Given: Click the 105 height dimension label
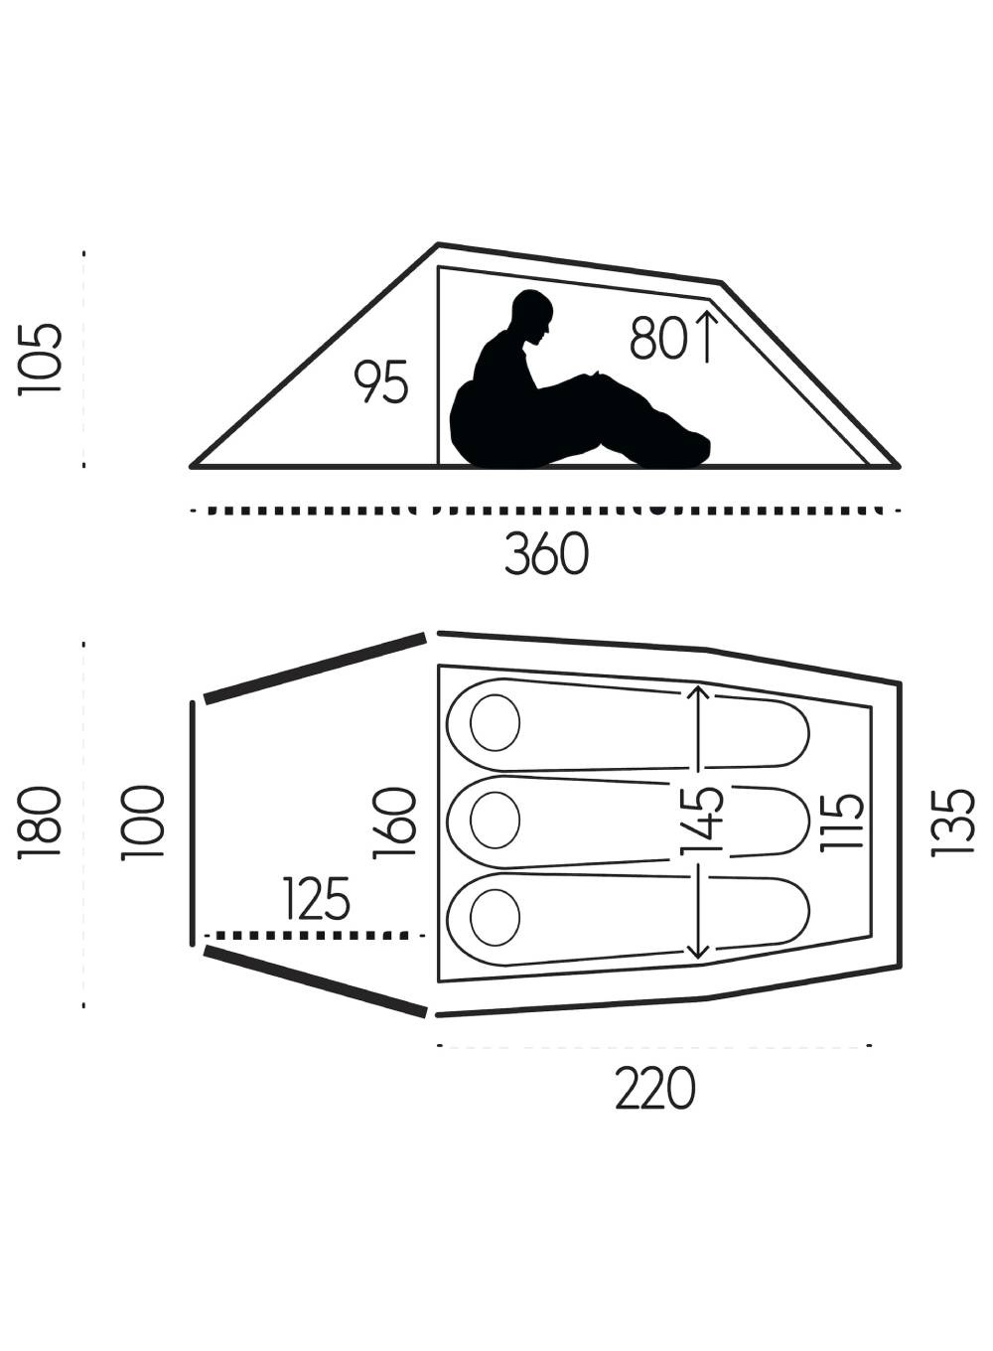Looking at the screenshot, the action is pos(40,360).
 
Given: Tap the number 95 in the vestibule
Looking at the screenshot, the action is pos(380,381).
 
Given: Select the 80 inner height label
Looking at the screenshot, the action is pos(658,339).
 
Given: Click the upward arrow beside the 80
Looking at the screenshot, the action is pos(707,337).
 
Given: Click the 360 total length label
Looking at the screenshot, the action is pos(546,553).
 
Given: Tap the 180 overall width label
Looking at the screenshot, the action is pos(40,822).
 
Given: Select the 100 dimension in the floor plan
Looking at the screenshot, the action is pos(143,823).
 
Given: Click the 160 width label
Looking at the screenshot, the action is pos(395,823).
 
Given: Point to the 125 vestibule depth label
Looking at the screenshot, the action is pos(316,898).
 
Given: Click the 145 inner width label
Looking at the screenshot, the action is pos(702,822).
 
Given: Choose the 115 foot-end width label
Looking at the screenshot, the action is pos(842,823).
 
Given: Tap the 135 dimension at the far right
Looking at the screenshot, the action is pos(952,823).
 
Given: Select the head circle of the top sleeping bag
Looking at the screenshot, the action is pos(495,722).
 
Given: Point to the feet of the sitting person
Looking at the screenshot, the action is pos(693,447).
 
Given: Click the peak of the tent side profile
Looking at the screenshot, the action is pos(439,244).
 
